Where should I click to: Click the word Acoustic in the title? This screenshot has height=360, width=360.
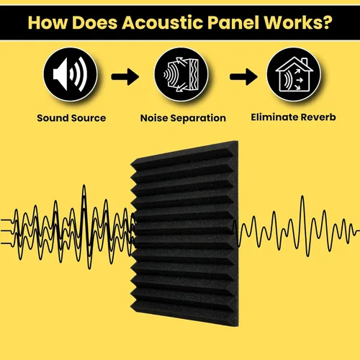coord(163,22)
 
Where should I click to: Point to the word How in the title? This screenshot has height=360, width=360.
coord(48,22)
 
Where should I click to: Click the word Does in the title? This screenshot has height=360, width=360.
coord(95,22)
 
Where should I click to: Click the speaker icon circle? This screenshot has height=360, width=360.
coord(71,74)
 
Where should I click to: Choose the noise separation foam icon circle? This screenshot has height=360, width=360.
coord(181,74)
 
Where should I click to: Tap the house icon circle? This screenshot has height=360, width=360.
coord(294,74)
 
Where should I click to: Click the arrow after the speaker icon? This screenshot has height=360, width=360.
coord(125,77)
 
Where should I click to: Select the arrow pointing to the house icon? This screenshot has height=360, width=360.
coord(243,77)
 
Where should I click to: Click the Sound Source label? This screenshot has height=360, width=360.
coord(71,118)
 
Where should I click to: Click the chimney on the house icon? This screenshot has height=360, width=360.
coord(305,62)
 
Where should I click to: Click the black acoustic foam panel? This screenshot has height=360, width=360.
coord(185,233)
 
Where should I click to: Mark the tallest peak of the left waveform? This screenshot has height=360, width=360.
coord(84,186)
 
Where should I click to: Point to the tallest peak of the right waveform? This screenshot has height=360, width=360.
coord(302,197)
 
